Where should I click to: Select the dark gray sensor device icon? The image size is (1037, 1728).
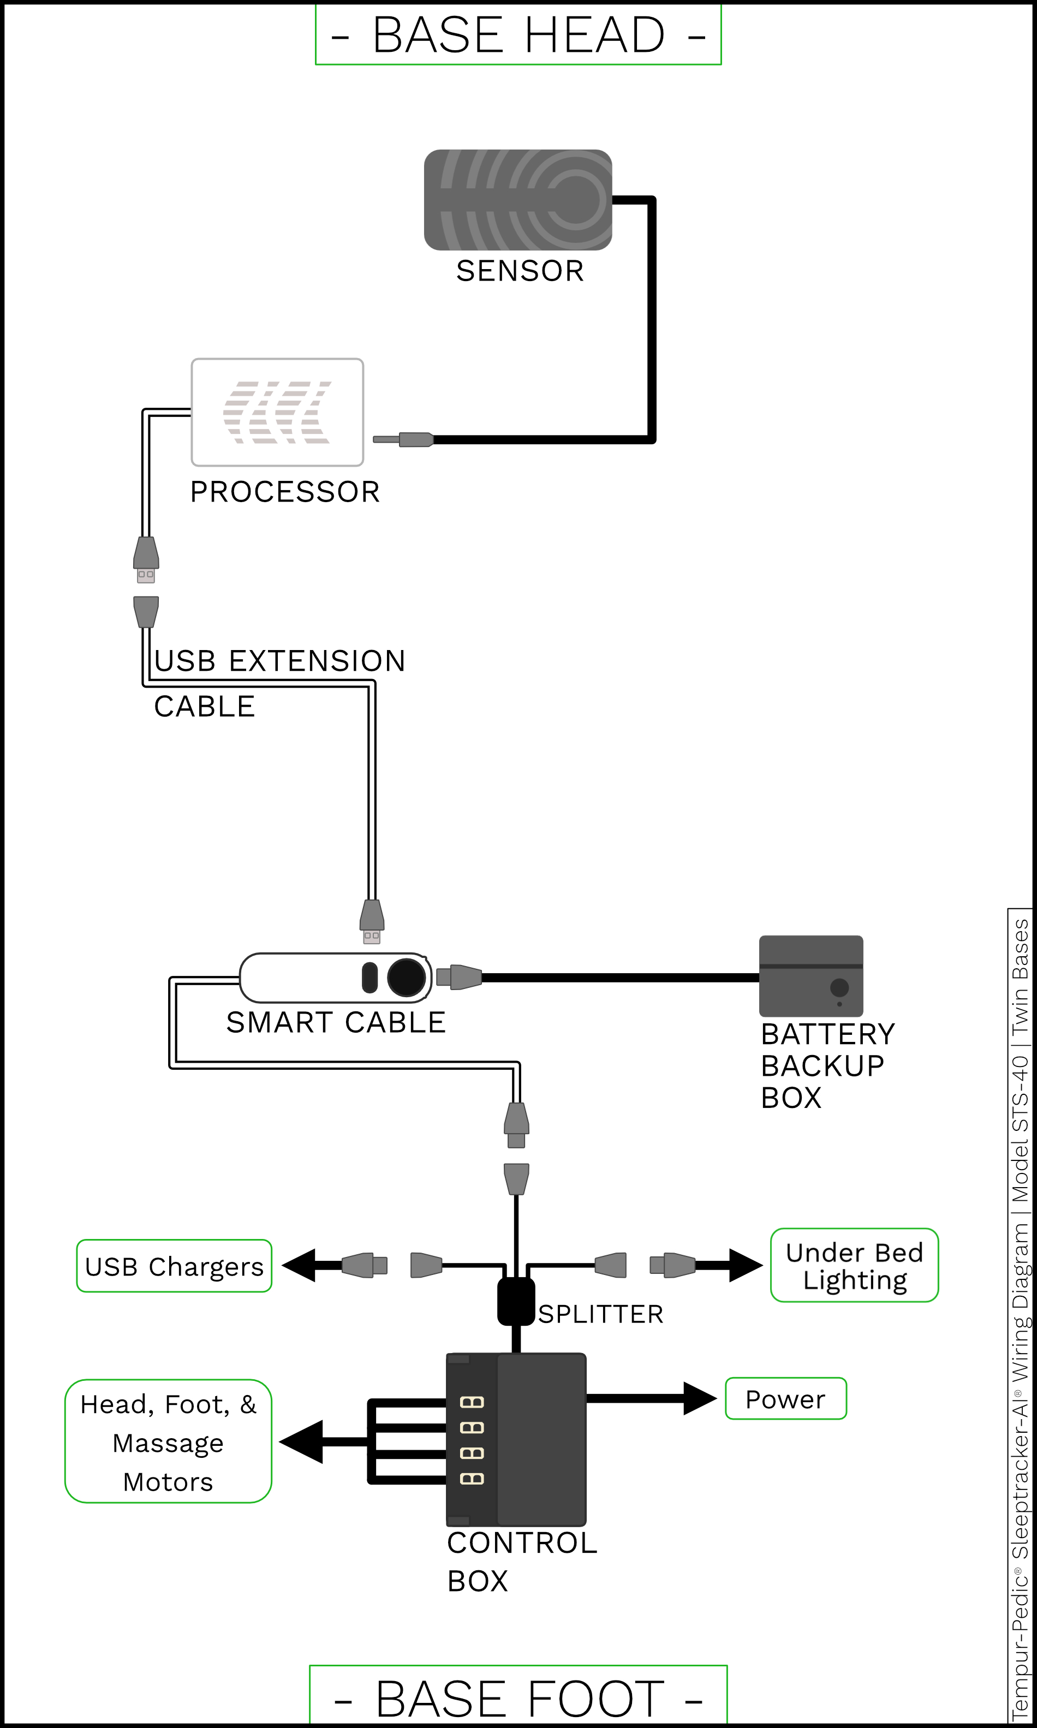coord(518,200)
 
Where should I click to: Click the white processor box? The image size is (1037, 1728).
coord(277,412)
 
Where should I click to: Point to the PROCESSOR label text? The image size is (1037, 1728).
coord(285,492)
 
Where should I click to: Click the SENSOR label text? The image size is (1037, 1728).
coord(520,271)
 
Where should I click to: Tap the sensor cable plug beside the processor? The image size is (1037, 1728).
coord(403,439)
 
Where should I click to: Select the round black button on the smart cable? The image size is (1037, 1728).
coord(406,977)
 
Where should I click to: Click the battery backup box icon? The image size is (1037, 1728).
coord(811,976)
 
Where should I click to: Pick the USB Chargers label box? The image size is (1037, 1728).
coord(174,1266)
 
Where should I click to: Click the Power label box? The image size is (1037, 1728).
coord(785,1399)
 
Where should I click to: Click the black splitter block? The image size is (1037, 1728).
coord(516,1302)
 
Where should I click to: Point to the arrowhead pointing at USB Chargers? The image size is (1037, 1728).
coord(299,1265)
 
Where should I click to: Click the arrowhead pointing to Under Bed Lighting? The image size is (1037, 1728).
coord(746,1265)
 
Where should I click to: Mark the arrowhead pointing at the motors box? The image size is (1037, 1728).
coord(301,1441)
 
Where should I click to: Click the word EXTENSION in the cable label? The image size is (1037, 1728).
coord(317,661)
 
